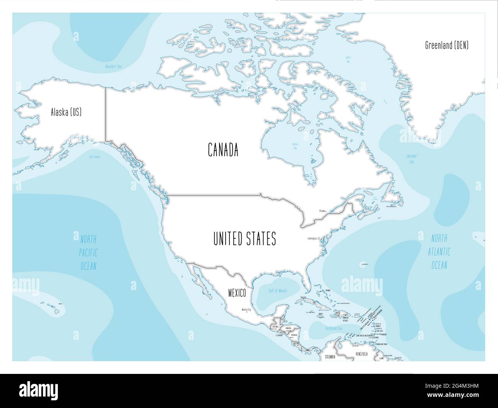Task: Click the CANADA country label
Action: (223, 149)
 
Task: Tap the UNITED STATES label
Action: (244, 239)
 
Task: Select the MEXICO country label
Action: (237, 293)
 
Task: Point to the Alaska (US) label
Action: (66, 112)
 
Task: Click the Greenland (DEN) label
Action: (447, 45)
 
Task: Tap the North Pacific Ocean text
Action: (88, 252)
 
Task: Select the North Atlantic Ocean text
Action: (439, 252)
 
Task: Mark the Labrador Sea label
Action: (411, 159)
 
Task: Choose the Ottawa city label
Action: (322, 211)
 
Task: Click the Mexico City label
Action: (246, 310)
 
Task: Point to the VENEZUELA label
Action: (361, 354)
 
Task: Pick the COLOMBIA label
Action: (330, 357)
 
